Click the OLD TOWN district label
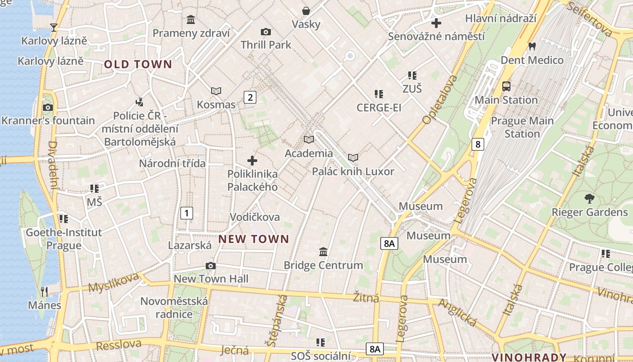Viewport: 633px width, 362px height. (x=138, y=64)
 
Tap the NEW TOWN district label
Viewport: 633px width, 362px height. (x=254, y=239)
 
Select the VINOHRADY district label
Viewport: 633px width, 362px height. (x=529, y=357)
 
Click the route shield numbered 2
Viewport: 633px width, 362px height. (x=250, y=97)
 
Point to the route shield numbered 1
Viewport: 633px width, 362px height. (x=187, y=213)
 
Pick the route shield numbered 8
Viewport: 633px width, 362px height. (x=477, y=144)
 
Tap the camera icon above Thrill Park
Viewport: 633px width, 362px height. (x=266, y=32)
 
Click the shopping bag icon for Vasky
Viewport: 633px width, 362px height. (x=306, y=11)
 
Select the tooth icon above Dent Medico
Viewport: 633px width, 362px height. (x=532, y=46)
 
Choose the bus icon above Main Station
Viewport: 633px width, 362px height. (x=506, y=86)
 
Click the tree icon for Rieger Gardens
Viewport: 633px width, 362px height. (x=589, y=198)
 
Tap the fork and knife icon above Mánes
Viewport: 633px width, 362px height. (x=44, y=291)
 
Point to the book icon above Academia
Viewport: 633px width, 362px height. (x=309, y=139)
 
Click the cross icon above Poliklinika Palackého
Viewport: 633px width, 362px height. (x=252, y=160)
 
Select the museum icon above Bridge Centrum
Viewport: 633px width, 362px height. (x=323, y=252)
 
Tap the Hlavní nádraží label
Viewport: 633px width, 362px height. (x=501, y=19)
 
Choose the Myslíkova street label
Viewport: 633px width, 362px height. (x=114, y=283)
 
